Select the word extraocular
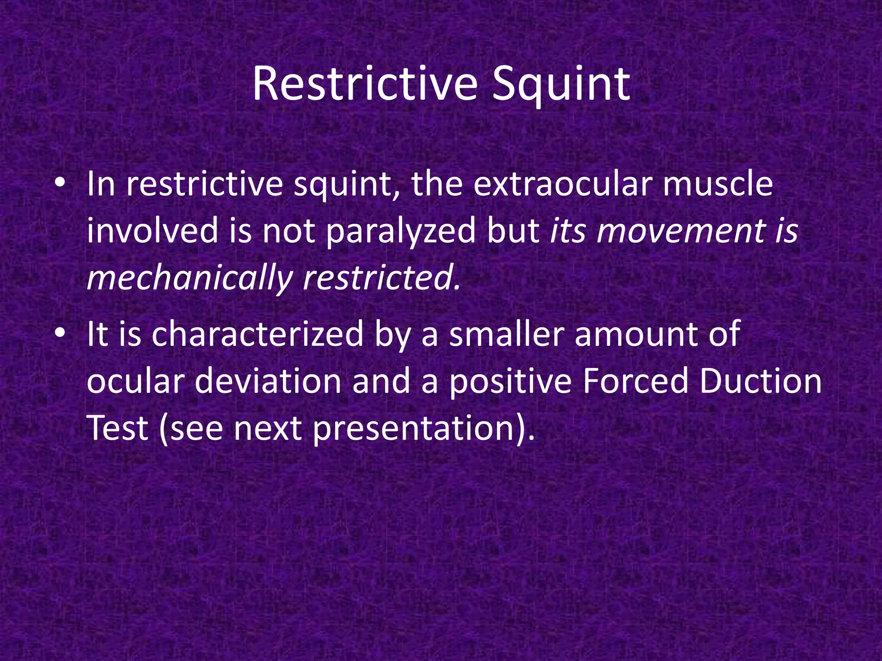coord(562,184)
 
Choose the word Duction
coord(760,382)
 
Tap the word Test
coord(117,429)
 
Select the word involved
coord(152,232)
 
